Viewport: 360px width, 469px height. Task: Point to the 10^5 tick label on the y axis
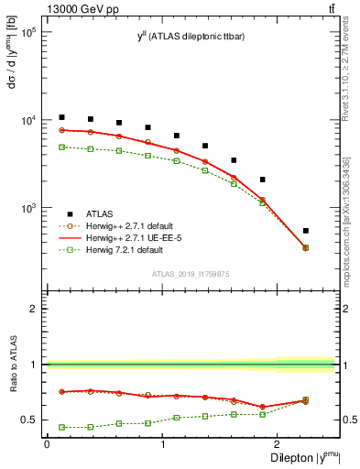27,32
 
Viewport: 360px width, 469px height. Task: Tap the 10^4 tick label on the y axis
27,121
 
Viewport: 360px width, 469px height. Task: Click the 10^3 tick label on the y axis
27,209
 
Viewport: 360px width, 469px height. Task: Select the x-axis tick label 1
163,444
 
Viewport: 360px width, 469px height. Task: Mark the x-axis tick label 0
47,444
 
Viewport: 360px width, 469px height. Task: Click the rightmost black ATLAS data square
331,231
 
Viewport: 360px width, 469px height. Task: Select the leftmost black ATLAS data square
61,117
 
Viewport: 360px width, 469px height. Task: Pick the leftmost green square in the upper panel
61,147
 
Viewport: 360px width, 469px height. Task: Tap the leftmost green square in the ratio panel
61,427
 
